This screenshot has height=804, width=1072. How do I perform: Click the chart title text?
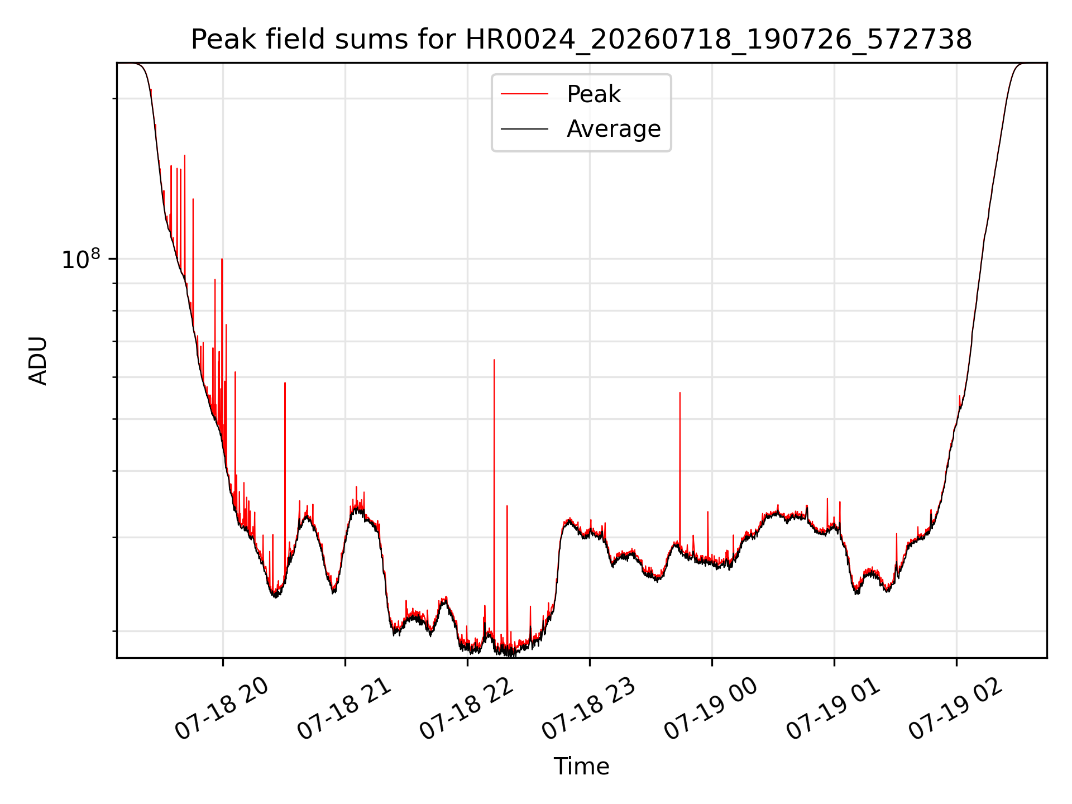581,40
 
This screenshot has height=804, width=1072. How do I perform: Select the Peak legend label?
594,94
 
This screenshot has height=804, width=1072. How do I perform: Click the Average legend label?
614,129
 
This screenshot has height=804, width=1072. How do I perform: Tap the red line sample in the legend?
524,94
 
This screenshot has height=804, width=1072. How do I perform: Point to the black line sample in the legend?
524,129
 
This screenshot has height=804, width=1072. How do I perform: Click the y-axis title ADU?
38,361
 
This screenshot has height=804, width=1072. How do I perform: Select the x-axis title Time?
581,767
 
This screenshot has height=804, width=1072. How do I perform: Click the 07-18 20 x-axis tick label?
222,709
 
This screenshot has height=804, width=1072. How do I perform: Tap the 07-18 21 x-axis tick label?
344,709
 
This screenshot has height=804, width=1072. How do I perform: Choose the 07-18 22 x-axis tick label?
467,709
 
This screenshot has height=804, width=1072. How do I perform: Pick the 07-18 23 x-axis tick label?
589,709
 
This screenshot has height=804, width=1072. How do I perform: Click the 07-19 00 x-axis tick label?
711,709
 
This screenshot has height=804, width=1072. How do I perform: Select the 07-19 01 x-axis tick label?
834,709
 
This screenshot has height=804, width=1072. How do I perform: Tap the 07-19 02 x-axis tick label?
956,709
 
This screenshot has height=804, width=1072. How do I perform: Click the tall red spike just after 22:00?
494,360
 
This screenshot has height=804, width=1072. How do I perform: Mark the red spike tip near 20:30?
285,383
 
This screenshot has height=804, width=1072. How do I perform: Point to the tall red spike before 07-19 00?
679,393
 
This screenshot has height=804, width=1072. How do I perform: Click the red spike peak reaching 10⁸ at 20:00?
222,259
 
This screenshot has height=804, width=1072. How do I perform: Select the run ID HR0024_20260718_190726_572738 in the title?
719,40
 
